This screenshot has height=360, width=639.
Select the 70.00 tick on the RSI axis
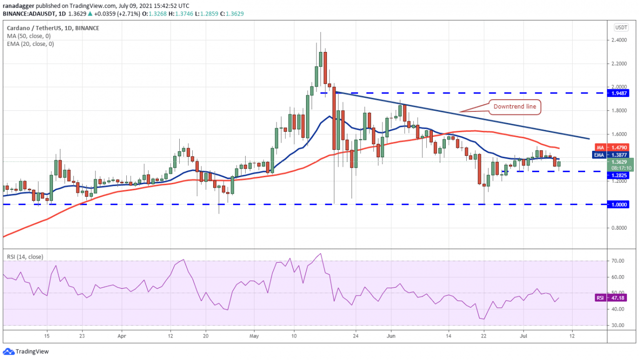620,261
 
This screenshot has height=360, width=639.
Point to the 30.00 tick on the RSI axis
620,326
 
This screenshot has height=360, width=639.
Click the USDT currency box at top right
621,27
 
